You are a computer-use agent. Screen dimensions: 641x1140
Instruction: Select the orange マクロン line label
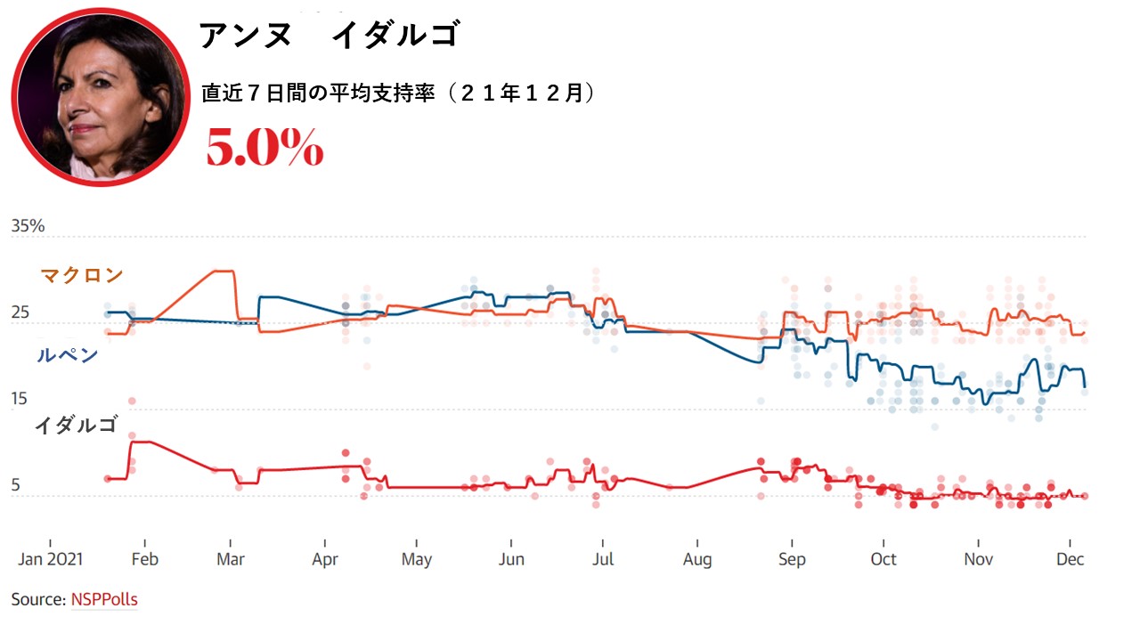[82, 275]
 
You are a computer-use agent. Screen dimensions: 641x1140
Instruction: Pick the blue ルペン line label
[67, 355]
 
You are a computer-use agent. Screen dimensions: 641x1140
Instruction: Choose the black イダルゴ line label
[77, 426]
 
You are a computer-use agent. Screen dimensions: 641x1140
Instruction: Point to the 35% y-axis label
[28, 226]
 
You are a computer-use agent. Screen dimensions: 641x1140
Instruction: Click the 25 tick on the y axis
[20, 313]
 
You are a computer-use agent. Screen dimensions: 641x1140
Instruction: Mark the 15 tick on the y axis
[20, 400]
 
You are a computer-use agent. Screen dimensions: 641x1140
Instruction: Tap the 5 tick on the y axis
[16, 487]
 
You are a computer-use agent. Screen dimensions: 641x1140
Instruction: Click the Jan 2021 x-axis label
[51, 559]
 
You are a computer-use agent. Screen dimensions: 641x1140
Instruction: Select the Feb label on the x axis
[144, 559]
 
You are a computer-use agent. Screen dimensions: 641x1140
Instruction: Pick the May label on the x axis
[416, 559]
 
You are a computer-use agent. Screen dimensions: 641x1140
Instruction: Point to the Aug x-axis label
[697, 559]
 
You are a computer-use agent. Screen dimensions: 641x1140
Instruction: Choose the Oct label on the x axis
[883, 559]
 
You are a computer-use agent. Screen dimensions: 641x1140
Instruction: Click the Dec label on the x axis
[1070, 559]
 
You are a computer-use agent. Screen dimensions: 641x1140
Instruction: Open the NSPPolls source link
[104, 599]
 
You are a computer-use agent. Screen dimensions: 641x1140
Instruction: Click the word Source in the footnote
[37, 599]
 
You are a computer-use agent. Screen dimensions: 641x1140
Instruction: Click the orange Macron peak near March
[221, 271]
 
